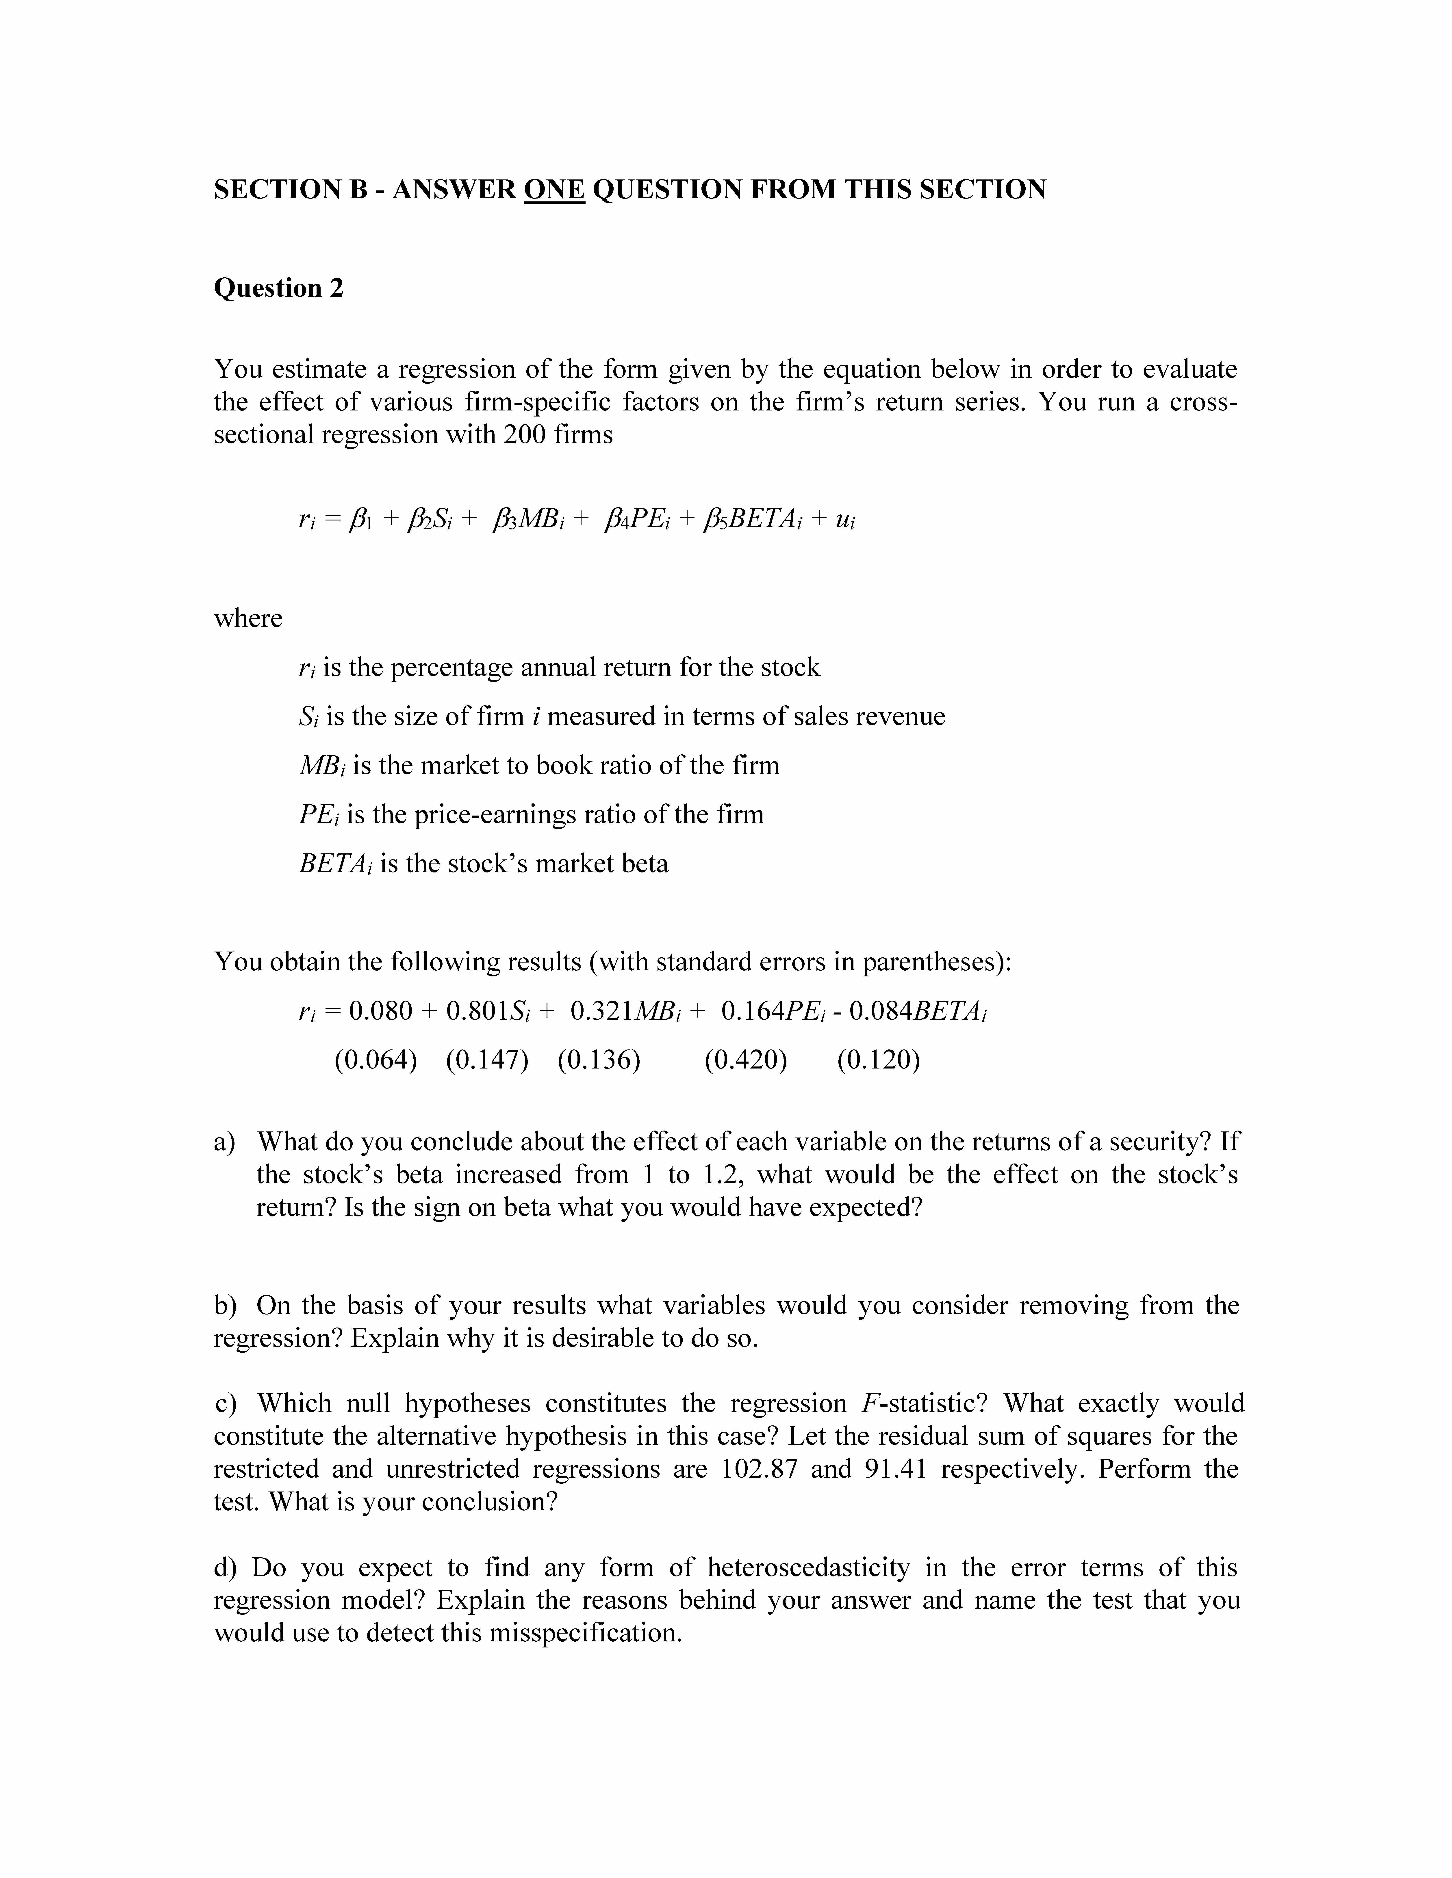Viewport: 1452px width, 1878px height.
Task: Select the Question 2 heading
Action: [278, 288]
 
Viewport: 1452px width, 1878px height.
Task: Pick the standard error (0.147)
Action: [487, 1059]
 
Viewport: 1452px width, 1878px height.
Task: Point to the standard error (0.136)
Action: [599, 1059]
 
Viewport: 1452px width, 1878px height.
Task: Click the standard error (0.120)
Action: [878, 1059]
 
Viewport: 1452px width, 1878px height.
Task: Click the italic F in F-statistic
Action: [867, 1403]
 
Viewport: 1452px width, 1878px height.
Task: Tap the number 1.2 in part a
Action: [724, 1175]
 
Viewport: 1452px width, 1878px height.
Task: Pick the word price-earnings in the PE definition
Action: [495, 814]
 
